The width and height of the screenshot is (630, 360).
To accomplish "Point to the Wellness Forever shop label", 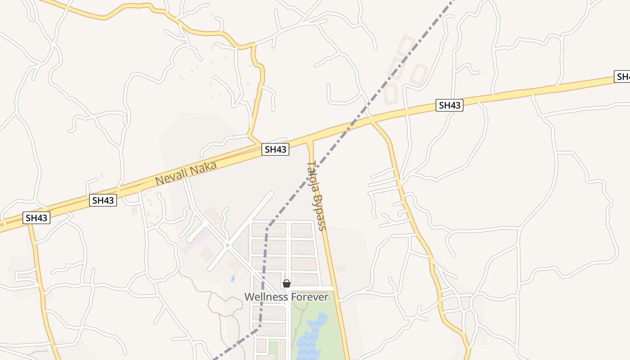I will (x=286, y=297).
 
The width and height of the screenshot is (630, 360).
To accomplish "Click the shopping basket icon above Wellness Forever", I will (x=286, y=283).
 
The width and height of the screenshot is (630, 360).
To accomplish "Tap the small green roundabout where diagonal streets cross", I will (x=227, y=245).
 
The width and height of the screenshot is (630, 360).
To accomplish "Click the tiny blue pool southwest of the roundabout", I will (x=233, y=278).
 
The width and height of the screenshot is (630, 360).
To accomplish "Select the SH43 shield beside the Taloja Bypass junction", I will (x=275, y=150).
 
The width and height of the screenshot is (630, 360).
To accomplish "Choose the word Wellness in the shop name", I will (x=266, y=297).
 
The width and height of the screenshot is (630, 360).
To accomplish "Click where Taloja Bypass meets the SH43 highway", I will (x=310, y=140).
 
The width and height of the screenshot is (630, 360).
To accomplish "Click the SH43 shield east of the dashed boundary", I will (x=450, y=105).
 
